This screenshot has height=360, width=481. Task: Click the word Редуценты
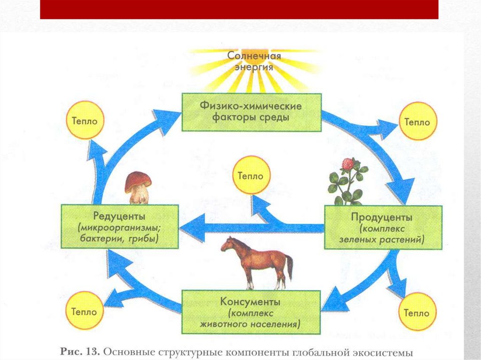(119, 216)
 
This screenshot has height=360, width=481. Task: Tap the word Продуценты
(381, 217)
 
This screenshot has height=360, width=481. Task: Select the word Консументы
(250, 302)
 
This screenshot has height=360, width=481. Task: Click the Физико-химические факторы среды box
(252, 112)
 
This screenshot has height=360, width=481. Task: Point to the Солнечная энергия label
(254, 61)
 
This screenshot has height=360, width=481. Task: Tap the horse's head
(228, 244)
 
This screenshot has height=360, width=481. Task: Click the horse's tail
(289, 267)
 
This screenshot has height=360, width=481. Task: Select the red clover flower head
(348, 164)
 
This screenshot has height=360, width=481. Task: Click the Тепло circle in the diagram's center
(251, 175)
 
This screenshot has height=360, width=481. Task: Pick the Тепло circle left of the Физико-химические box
(85, 120)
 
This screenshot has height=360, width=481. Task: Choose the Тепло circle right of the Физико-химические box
(418, 122)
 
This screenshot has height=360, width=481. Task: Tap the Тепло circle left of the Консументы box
(85, 311)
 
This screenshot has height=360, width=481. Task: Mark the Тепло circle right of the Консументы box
(417, 312)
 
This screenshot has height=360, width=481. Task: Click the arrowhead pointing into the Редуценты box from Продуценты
(192, 228)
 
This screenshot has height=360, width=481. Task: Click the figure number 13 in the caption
(93, 352)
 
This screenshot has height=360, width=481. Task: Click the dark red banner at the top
(239, 9)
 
